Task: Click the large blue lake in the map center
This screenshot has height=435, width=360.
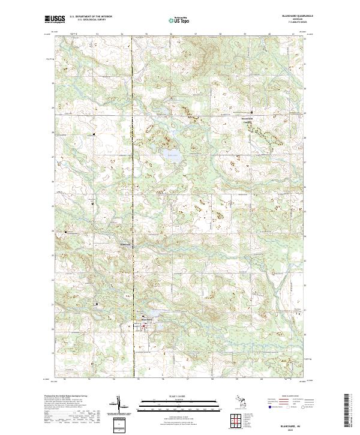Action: [172, 157]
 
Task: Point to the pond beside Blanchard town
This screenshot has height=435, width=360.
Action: [151, 313]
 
